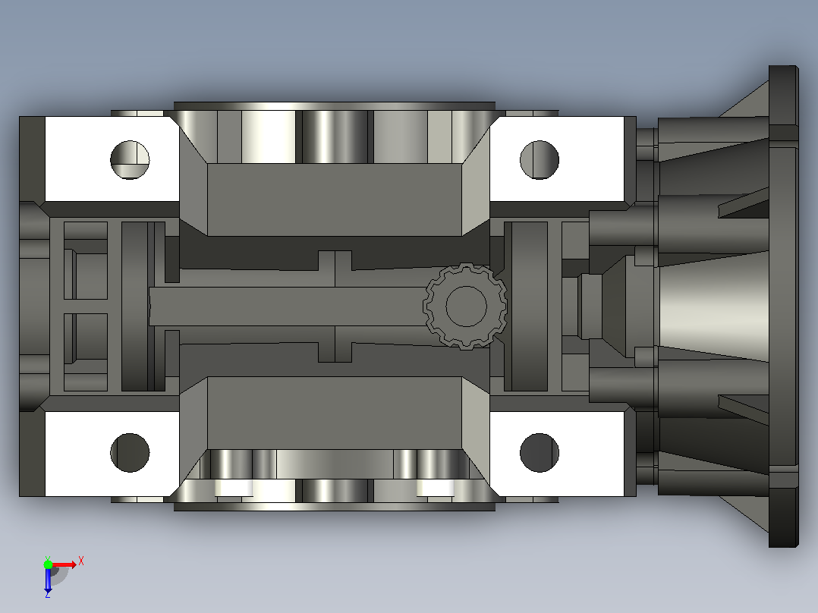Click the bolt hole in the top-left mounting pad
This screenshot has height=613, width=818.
[130, 159]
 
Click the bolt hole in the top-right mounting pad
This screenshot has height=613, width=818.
[540, 159]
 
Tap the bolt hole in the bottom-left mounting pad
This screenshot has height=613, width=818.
[130, 453]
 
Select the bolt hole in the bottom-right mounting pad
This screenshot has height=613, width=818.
[540, 453]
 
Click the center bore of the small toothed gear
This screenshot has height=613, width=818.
[467, 306]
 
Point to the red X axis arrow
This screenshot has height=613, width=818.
[64, 565]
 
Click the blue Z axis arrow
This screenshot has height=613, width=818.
[48, 580]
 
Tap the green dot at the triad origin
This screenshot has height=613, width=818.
[48, 565]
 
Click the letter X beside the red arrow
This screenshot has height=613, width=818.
[81, 561]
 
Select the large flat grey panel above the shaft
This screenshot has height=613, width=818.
[335, 200]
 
